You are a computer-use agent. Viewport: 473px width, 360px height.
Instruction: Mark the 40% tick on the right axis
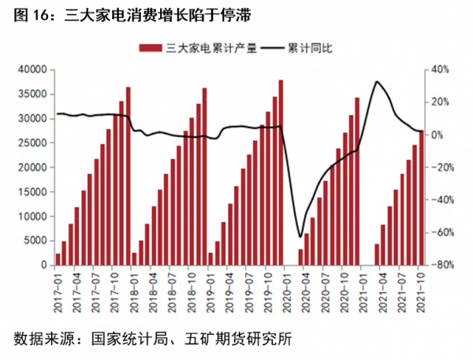[x=438, y=69]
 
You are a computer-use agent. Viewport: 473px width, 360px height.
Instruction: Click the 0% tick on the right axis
[x=436, y=135]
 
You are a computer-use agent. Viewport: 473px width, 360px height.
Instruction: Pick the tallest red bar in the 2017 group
[x=128, y=177]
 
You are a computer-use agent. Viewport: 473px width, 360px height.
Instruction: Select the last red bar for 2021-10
[x=421, y=197]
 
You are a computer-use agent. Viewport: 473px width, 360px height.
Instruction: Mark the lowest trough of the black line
[x=300, y=236]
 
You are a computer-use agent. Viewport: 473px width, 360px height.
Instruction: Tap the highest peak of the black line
[x=378, y=82]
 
